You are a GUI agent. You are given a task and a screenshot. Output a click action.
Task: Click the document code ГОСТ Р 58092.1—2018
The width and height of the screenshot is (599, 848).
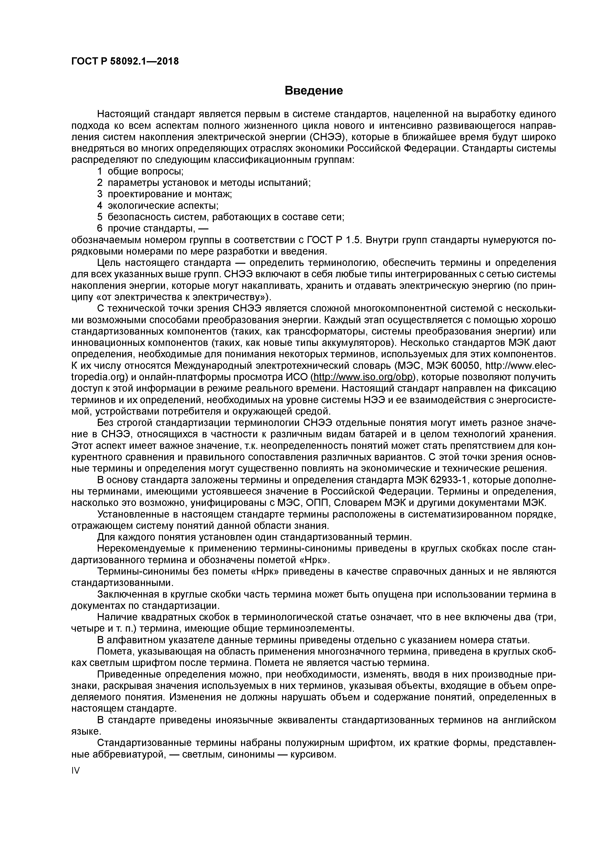pyautogui.click(x=125, y=61)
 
